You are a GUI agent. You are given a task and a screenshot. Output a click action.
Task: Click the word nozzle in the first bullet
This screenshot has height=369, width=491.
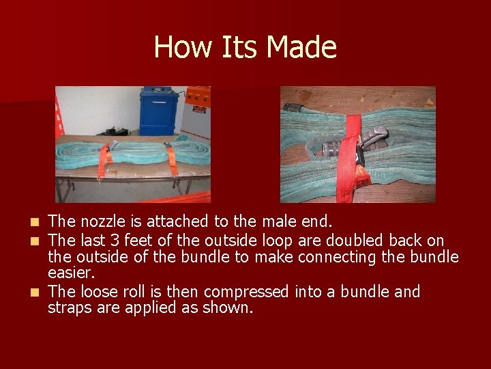tap(102, 222)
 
